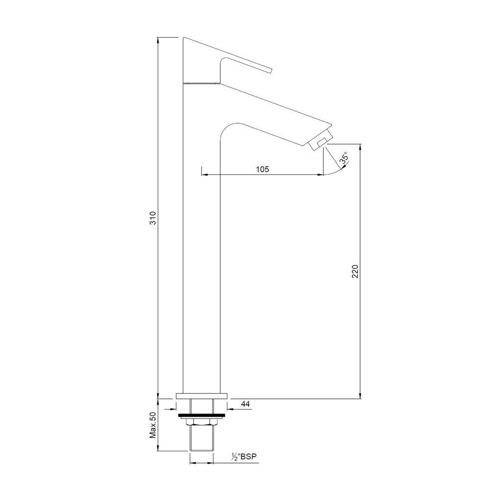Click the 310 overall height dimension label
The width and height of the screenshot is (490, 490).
coord(153,218)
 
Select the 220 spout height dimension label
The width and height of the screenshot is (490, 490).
coord(356,271)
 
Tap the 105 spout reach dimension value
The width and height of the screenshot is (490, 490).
coord(262,169)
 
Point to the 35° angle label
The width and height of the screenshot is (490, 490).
coord(344,158)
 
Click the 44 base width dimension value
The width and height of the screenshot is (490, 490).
coord(245,404)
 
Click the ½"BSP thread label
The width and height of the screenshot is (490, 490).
coord(245,457)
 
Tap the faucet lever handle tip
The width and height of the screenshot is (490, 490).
coord(269,70)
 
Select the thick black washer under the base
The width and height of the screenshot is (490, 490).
coord(202,416)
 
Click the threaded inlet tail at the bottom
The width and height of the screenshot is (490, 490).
coord(202,439)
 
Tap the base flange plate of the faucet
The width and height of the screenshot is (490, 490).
coord(202,395)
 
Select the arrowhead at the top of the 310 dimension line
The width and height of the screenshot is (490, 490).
coord(158,40)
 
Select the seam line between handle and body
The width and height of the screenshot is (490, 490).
coord(201,83)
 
